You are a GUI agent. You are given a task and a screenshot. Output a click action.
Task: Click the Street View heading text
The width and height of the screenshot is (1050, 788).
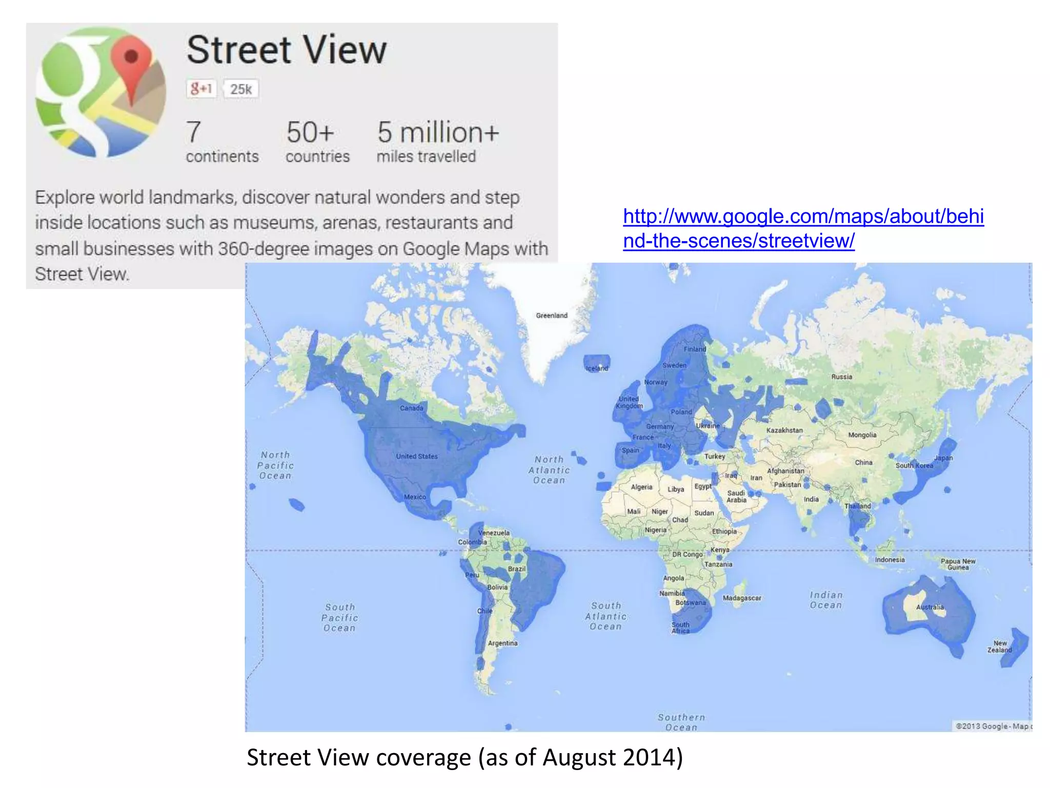[x=286, y=50]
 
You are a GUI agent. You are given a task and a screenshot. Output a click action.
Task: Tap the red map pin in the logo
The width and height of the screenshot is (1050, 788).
[x=131, y=62]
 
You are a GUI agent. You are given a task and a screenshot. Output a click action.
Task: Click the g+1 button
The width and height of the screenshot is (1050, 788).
[x=201, y=89]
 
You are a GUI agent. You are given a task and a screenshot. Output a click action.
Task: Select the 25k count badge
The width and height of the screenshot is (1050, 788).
[x=240, y=89]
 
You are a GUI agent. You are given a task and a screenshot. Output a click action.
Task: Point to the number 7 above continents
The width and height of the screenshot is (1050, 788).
[x=193, y=132]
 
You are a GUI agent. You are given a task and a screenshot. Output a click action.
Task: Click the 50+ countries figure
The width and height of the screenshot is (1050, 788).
[x=310, y=132]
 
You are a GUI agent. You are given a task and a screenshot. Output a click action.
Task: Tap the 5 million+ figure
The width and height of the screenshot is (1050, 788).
[x=438, y=132]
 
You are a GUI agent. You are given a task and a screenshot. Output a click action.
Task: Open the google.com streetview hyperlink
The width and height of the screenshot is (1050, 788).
[x=803, y=228]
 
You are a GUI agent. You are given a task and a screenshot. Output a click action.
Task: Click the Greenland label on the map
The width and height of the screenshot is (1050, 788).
[x=552, y=316]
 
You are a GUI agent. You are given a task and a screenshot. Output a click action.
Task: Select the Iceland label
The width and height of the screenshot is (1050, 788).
[x=597, y=368]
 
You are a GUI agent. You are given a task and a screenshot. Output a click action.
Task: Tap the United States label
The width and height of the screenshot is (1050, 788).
[x=417, y=456]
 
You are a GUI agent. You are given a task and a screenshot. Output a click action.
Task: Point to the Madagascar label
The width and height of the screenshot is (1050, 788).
[x=742, y=598]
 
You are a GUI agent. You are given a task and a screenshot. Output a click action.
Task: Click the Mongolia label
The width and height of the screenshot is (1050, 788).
[x=862, y=435]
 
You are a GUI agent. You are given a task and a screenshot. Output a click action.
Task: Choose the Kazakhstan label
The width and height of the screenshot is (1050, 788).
[x=784, y=430]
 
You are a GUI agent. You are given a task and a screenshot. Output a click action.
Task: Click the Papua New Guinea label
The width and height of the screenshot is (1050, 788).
[x=958, y=564]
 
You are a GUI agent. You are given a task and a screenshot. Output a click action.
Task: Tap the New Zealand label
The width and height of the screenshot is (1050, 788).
[x=1000, y=646]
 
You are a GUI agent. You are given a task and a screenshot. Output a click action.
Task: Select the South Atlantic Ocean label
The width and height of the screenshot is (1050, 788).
[x=605, y=616]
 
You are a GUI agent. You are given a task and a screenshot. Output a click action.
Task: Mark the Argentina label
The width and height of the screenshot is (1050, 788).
[x=502, y=643]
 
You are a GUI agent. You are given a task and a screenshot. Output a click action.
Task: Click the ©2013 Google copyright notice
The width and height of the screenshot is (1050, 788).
[x=993, y=726]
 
